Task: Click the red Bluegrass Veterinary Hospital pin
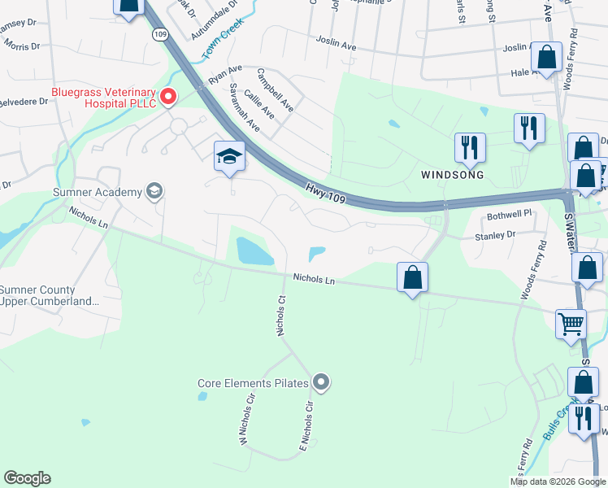pyautogui.click(x=168, y=98)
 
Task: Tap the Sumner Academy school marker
pyautogui.click(x=154, y=192)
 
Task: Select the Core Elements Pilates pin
pyautogui.click(x=321, y=381)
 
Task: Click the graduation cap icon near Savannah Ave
pyautogui.click(x=229, y=155)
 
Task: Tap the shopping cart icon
pyautogui.click(x=571, y=323)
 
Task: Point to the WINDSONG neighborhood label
pyautogui.click(x=453, y=175)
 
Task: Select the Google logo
pyautogui.click(x=27, y=478)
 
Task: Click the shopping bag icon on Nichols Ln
pyautogui.click(x=413, y=277)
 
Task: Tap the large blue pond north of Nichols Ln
pyautogui.click(x=254, y=251)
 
